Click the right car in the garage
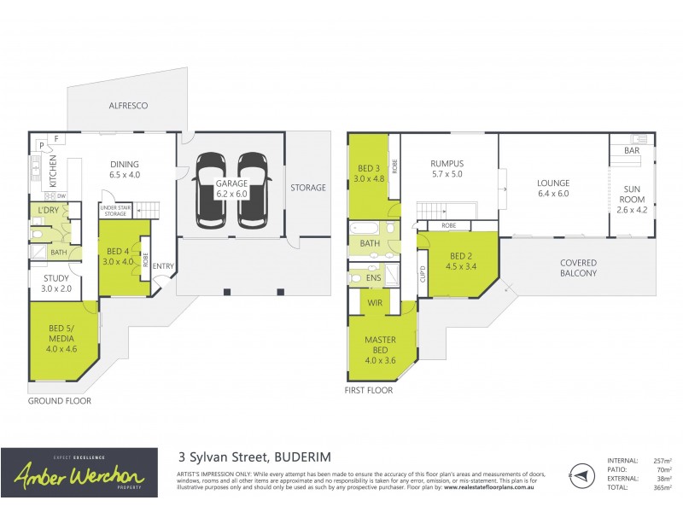click(253, 190)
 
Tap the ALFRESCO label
click(128, 106)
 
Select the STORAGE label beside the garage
click(307, 188)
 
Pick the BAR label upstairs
click(632, 150)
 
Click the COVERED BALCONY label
click(578, 268)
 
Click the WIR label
click(374, 302)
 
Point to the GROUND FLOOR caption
click(60, 400)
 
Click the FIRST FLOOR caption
click(370, 390)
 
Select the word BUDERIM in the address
click(301, 457)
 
